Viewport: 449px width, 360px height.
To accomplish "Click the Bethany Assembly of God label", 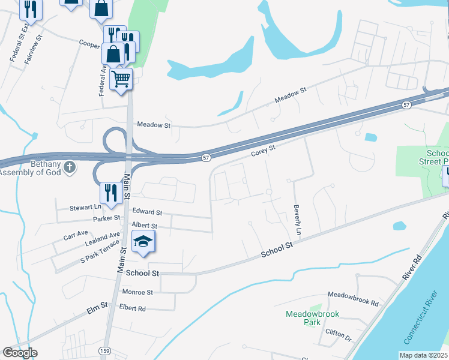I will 30,169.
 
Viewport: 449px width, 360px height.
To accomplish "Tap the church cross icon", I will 70,166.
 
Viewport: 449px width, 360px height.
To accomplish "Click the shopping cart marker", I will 121,78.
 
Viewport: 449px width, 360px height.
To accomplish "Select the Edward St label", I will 147,212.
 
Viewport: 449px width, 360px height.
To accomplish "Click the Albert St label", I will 144,226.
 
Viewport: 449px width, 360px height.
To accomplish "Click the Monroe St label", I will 137,292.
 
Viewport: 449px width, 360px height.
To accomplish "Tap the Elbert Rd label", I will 132,308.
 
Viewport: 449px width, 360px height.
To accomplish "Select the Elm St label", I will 96,309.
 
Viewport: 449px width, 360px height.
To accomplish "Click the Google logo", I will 20,353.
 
